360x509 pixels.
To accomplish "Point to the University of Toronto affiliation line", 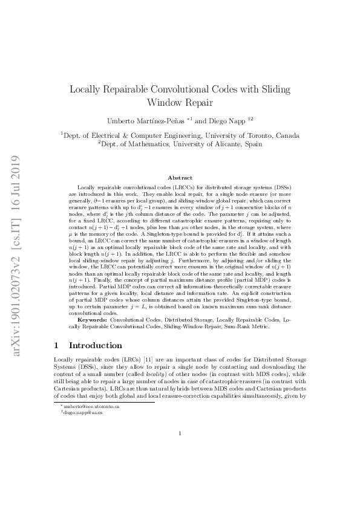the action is tap(180, 135).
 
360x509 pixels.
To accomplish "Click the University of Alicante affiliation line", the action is tap(180, 145).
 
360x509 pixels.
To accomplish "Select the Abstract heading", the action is tap(180, 177).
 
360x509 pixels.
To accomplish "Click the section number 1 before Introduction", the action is tap(56, 345).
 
